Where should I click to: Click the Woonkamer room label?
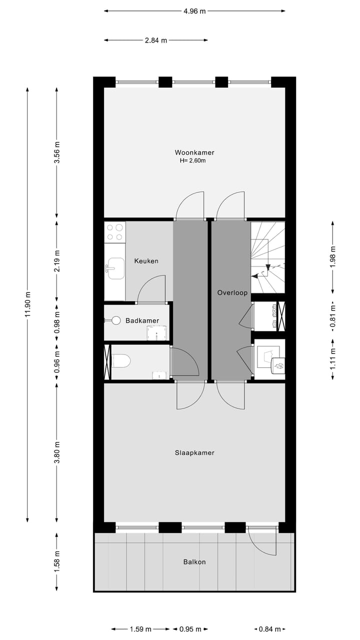(194, 152)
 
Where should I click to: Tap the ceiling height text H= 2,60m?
(193, 161)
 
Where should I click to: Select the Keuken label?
(146, 261)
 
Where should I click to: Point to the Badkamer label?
(142, 320)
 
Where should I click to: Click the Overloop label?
(232, 293)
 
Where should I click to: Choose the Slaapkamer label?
(194, 452)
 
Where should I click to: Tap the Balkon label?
(194, 561)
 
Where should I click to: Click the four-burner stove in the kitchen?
(115, 231)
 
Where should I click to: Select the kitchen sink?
(115, 268)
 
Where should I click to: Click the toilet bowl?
(121, 360)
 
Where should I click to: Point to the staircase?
(267, 257)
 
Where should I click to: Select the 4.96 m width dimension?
(194, 11)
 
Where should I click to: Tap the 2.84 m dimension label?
(155, 40)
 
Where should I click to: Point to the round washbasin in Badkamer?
(116, 320)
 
